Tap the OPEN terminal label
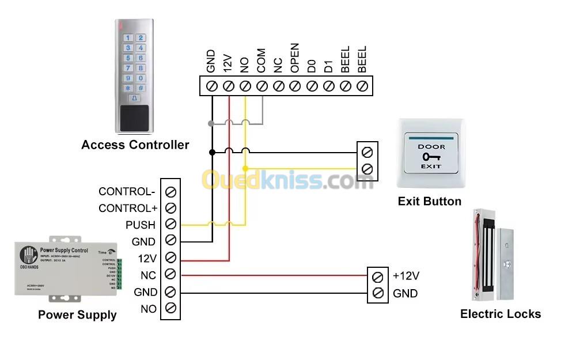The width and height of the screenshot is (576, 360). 295,58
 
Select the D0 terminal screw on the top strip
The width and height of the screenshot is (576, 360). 312,86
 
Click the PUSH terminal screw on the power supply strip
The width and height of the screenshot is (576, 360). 170,225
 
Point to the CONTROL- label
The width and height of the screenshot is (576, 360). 127,192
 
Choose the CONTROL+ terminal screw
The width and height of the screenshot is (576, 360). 170,208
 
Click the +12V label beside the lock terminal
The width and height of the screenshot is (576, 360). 406,276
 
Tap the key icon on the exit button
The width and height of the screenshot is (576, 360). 430,157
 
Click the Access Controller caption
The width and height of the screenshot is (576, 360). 135,145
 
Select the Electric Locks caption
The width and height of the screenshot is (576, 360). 501,314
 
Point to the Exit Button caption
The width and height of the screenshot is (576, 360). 430,202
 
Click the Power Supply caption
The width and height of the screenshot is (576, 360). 77,315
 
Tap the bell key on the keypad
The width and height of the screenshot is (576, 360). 135,98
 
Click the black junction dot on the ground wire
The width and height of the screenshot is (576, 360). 212,152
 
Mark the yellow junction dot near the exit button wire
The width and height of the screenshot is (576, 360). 245,169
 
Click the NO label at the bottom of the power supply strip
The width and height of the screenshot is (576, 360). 149,309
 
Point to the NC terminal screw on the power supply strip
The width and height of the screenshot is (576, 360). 170,274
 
